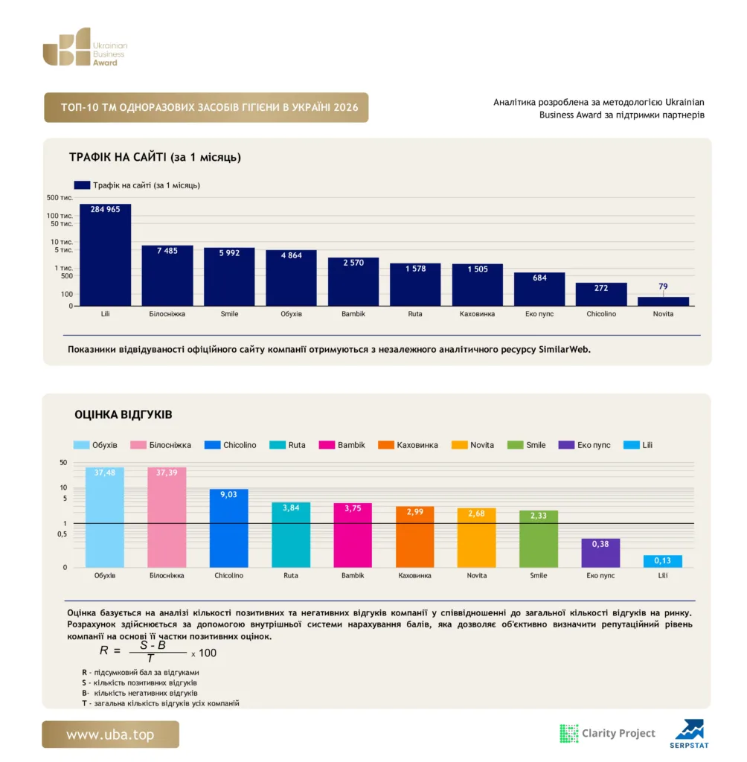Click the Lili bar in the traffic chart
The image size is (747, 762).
(x=105, y=254)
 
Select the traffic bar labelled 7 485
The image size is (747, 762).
(x=167, y=275)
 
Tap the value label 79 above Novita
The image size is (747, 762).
(x=663, y=286)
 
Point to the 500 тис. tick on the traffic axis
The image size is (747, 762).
(x=60, y=198)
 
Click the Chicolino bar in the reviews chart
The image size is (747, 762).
(x=228, y=528)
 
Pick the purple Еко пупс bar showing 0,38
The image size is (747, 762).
(x=600, y=553)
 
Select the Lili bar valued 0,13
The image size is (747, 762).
(x=662, y=561)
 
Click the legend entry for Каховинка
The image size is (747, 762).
(x=408, y=445)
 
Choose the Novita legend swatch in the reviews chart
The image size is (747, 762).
(x=459, y=445)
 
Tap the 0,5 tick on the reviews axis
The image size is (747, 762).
(x=62, y=534)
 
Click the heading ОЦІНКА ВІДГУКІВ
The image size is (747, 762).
(x=123, y=414)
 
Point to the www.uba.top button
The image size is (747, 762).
(x=110, y=734)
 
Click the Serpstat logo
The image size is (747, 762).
(x=689, y=733)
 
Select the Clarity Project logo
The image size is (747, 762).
(x=608, y=733)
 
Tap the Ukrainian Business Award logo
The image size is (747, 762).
(x=85, y=47)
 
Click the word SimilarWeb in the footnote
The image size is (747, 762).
(x=564, y=350)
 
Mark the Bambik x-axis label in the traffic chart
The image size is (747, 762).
(x=353, y=314)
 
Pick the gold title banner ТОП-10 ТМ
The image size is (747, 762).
(x=206, y=107)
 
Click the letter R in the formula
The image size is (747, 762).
(x=104, y=650)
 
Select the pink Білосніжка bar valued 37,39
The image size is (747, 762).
(x=167, y=517)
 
